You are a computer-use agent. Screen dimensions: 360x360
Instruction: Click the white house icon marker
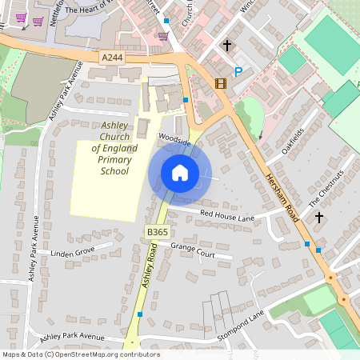[180, 172]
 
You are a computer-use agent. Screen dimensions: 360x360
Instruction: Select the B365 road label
[157, 231]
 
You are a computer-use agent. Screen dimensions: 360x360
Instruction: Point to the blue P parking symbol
[238, 72]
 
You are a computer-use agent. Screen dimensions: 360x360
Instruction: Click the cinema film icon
[220, 82]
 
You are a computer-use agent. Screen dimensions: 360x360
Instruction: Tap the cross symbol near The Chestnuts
[319, 217]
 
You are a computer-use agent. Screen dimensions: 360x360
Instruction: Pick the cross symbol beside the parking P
[227, 46]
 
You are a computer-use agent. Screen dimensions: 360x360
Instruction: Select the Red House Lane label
[227, 216]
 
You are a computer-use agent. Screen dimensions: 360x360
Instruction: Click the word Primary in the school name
[114, 160]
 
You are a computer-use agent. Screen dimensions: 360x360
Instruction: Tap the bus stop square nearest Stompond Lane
[140, 314]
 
